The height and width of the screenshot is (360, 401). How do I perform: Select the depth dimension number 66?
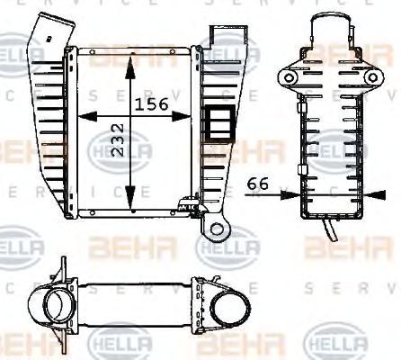[258, 183]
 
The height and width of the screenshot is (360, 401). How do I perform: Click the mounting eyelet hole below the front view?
[215, 230]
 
